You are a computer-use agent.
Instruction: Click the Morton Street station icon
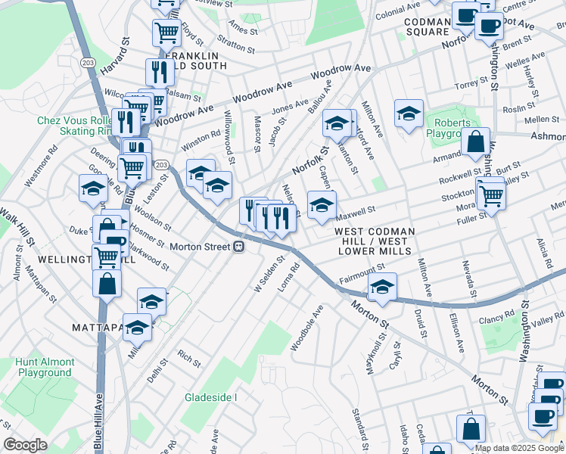[x=238, y=247]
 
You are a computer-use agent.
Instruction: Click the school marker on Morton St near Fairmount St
[x=382, y=288]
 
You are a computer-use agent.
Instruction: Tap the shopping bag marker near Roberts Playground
[x=475, y=141]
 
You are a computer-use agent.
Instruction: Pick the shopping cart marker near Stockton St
[x=492, y=195]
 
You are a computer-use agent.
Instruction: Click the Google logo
[x=25, y=445]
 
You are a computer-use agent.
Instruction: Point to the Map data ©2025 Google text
[x=519, y=448]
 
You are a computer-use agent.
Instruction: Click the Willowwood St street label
[x=229, y=137]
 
